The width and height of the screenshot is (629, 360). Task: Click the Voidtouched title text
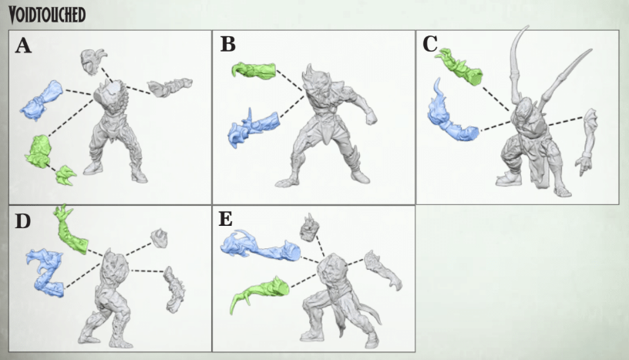coord(47,15)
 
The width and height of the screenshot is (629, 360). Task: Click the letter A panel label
coord(23,45)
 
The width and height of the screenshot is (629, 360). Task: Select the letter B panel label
coord(228,44)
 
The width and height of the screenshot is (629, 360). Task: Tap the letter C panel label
coord(430,44)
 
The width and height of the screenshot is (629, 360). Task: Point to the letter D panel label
coord(23,220)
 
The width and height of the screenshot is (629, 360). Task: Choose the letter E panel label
coord(225,219)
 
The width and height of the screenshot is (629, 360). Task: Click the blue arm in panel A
coord(42,100)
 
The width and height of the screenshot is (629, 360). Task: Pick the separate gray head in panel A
coord(92,62)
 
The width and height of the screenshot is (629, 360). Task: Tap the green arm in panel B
coord(254,70)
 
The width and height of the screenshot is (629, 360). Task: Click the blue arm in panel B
coord(253,127)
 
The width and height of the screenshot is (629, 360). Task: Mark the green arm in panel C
coord(461,66)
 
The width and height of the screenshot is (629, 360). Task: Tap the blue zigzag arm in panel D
coord(46,272)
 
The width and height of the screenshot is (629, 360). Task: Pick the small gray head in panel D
coord(160,238)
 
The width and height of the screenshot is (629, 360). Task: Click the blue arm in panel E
coord(261,246)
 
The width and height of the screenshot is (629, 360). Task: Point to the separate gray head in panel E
coord(309,227)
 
